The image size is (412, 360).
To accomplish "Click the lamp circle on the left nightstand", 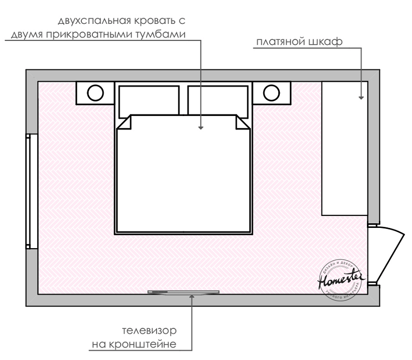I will (x=95, y=93).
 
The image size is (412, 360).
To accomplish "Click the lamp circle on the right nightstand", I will (x=271, y=93).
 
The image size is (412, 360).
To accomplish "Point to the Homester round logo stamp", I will (x=339, y=281).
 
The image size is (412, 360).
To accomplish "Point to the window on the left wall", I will (x=32, y=189).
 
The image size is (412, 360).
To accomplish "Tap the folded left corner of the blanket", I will (x=125, y=122).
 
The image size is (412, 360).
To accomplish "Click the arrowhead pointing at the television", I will (x=192, y=296).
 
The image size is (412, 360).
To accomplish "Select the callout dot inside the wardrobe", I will (x=362, y=97).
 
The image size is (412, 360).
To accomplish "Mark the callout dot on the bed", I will (x=201, y=127).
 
